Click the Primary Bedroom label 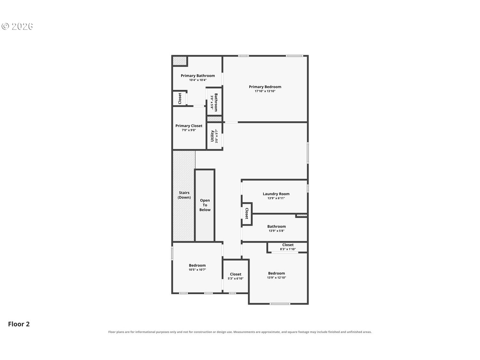tap(265, 87)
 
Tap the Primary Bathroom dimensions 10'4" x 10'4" tap(198, 80)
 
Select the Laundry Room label tap(276, 194)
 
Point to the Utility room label tap(212, 136)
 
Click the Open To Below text tap(205, 205)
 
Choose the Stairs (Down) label tap(184, 195)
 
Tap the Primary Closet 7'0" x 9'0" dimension tap(189, 130)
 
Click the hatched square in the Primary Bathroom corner tap(180, 61)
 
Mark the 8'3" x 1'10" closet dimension tap(288, 249)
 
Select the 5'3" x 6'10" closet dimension tap(236, 278)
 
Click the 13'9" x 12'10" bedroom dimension tap(276, 277)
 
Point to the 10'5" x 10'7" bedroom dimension tap(197, 270)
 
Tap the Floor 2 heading tap(19, 324)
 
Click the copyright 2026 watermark tap(17, 26)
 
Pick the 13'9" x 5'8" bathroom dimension tap(276, 231)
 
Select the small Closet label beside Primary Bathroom tap(180, 98)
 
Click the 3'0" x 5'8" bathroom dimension tap(212, 102)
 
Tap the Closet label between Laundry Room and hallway tap(247, 213)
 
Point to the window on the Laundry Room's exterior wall tap(308, 188)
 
